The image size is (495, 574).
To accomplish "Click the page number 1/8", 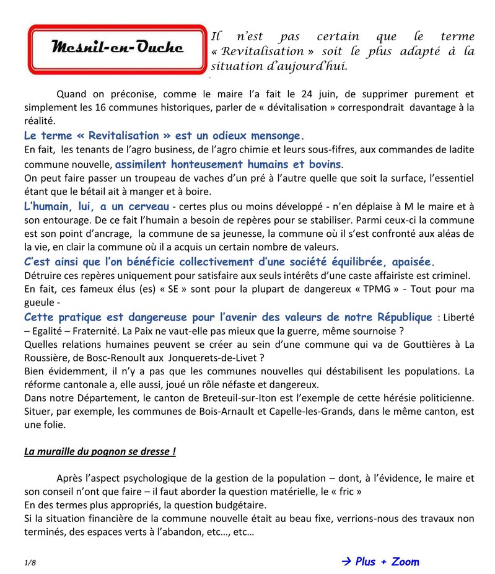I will [30, 563].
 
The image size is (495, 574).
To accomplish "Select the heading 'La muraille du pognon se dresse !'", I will [100, 451].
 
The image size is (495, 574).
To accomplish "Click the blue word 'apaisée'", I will [411, 261].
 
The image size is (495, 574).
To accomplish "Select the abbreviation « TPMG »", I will [380, 289].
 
